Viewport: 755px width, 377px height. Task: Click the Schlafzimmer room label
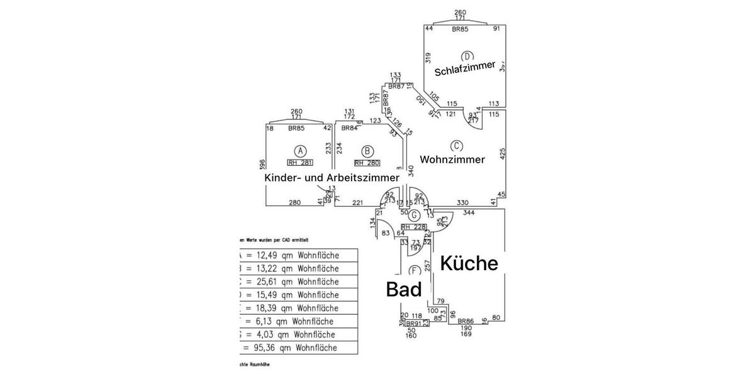pos(465,68)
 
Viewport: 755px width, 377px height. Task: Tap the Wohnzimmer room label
pos(452,160)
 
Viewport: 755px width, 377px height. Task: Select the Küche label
pos(469,263)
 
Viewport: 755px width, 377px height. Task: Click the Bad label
pos(403,290)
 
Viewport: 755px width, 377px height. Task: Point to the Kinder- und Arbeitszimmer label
pos(332,178)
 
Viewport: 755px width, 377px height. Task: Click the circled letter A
pos(301,151)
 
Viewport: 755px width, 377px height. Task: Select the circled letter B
pos(368,151)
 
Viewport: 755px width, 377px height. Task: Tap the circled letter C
pos(457,145)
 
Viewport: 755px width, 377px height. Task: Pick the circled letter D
pos(467,56)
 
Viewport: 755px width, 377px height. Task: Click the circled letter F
pos(414,271)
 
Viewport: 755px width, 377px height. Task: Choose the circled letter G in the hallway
pos(415,216)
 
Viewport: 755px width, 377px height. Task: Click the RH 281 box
pos(301,163)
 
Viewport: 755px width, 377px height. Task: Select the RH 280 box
pos(368,163)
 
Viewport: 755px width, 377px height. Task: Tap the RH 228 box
pos(413,227)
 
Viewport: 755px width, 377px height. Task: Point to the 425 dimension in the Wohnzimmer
pos(502,153)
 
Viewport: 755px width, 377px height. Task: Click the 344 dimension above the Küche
pos(468,214)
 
